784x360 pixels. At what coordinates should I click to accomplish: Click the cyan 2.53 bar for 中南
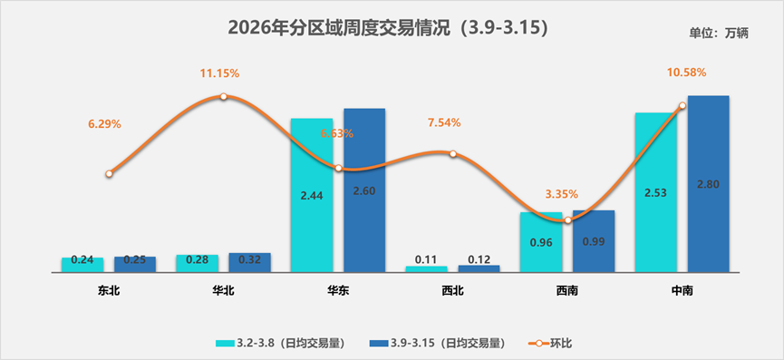coord(656,192)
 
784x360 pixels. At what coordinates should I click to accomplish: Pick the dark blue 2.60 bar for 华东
coord(364,190)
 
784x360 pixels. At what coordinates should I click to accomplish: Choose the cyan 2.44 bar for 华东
coord(311,195)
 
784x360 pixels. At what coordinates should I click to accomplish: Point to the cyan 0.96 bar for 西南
coord(541,242)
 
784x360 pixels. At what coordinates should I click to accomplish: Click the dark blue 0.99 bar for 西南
coord(594,241)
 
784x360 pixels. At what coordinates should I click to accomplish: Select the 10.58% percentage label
coord(686,73)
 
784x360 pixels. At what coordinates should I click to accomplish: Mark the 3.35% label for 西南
coord(561,194)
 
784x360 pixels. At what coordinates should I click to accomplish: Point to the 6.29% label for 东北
coord(105,123)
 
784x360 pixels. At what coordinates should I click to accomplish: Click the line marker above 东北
coord(109,173)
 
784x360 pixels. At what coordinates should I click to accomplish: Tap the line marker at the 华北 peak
coord(224,96)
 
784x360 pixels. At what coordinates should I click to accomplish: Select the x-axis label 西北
coord(452,291)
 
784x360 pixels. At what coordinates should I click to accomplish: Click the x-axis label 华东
coord(337,291)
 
